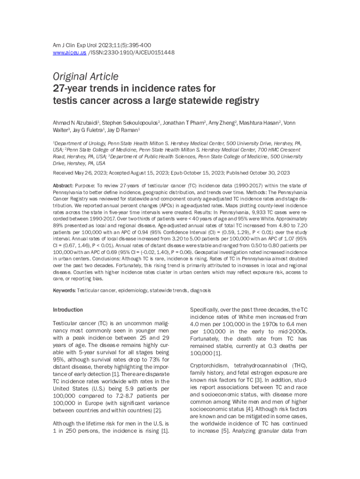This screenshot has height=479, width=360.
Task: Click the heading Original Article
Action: (86, 76)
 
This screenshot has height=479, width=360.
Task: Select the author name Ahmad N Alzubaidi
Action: (76, 123)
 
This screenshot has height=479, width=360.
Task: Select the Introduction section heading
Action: (68, 310)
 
